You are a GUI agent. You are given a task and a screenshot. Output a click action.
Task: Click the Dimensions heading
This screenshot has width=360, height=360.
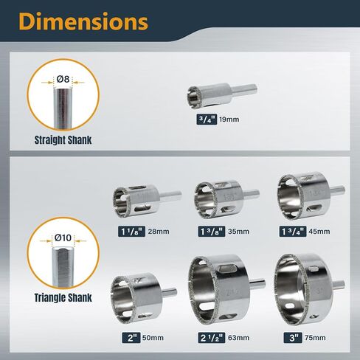coord(83,21)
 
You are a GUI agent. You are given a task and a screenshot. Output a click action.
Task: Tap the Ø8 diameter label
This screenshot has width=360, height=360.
coord(63,79)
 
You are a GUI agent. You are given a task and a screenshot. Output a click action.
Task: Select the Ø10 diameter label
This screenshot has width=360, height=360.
coord(63,238)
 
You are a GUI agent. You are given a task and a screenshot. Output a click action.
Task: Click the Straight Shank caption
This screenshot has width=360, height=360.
coord(63,140)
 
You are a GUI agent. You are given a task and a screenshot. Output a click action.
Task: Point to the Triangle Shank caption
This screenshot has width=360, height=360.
coord(63,297)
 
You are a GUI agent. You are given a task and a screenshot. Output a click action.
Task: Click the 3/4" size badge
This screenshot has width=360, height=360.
coord(207,120)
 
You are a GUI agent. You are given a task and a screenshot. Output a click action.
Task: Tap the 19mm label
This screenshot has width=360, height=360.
coord(229,120)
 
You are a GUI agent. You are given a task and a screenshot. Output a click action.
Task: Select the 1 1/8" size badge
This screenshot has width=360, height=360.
coord(132,232)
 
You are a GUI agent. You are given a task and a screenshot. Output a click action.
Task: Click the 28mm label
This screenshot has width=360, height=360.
coord(159,232)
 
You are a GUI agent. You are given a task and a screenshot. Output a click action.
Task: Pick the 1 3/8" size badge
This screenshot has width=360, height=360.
coord(212,232)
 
